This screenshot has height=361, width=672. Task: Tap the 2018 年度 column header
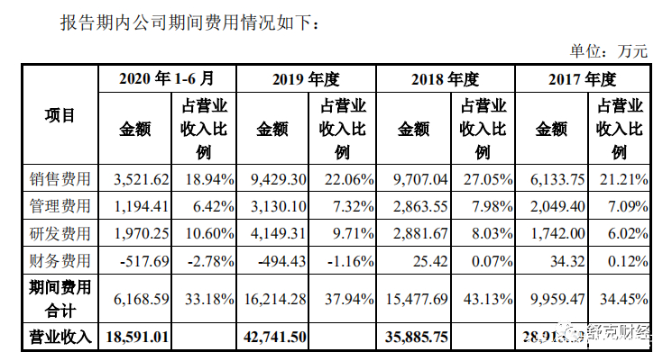pyautogui.click(x=444, y=78)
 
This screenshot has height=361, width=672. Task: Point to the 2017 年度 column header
pyautogui.click(x=582, y=78)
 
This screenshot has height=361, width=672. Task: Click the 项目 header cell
pyautogui.click(x=60, y=115)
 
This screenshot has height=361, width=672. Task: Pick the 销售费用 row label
pyautogui.click(x=60, y=179)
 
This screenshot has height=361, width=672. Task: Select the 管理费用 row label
pyautogui.click(x=60, y=206)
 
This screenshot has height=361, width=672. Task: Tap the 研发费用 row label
pyautogui.click(x=60, y=234)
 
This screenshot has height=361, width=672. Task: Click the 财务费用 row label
pyautogui.click(x=60, y=262)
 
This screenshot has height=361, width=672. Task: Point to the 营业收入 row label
pyautogui.click(x=60, y=337)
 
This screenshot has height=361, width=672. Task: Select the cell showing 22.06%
pyautogui.click(x=344, y=179)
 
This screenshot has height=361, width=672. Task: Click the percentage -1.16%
pyautogui.click(x=344, y=262)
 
